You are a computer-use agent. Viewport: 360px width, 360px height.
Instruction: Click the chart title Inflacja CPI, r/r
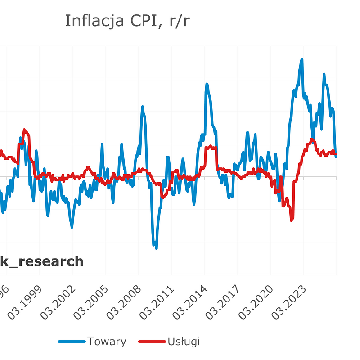(x=127, y=21)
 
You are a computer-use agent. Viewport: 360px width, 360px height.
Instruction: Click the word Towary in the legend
(x=107, y=342)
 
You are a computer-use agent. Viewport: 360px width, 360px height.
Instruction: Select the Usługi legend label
(x=183, y=342)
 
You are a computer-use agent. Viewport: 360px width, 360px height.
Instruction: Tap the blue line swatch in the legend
(x=72, y=342)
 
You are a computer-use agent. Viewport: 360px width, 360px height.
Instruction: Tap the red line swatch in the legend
(x=151, y=342)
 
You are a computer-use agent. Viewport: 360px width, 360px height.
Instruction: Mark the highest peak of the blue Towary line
(x=301, y=59)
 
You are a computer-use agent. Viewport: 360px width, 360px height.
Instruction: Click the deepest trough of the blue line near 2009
(x=156, y=247)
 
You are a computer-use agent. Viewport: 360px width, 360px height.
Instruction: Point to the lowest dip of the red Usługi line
(x=292, y=220)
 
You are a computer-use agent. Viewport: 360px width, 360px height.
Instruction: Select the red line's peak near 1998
(x=25, y=130)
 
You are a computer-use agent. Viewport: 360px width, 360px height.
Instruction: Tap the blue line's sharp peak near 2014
(x=207, y=84)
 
